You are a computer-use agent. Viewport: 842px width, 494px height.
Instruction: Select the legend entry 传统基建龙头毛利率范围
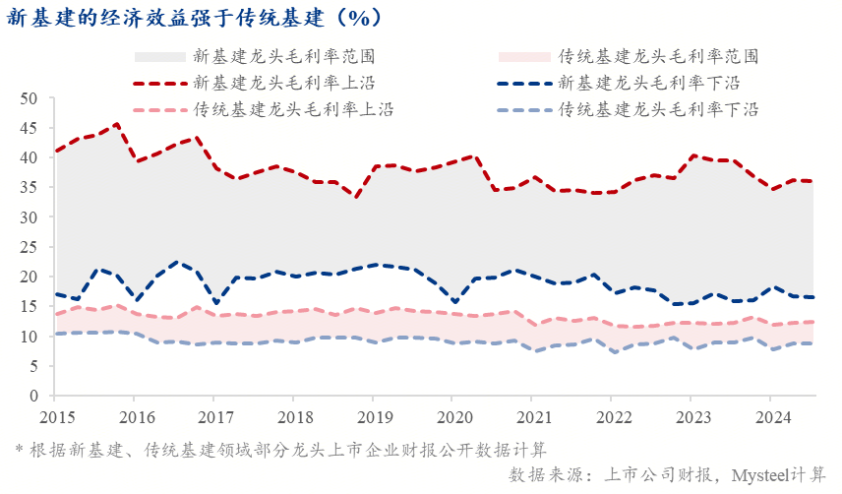[x=658, y=57]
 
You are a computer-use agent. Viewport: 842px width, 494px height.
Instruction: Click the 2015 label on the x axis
[x=56, y=415]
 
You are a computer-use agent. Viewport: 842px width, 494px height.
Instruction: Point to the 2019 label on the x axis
[x=373, y=415]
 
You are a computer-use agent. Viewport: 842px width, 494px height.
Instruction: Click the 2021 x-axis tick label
[x=531, y=415]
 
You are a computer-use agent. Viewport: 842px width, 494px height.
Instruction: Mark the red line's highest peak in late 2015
[x=117, y=124]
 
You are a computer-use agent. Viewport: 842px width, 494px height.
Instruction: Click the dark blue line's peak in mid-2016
[x=176, y=262]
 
